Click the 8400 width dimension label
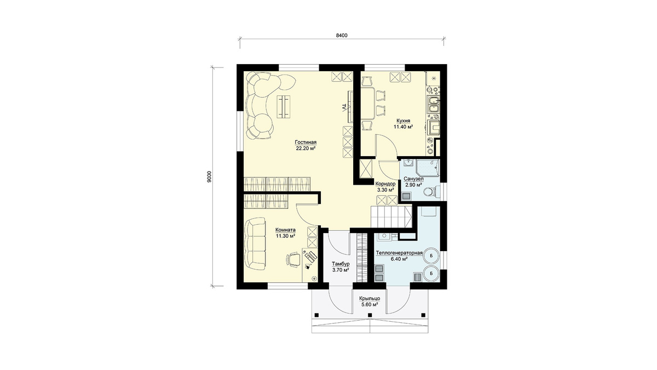pos(342,36)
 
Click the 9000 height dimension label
pos(209,177)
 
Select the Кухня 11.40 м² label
pos(403,124)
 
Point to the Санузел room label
pos(413,179)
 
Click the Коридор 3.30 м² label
pos(385,187)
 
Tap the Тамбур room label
pos(341,264)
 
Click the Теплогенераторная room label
pos(399,253)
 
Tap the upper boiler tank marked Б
pos(431,256)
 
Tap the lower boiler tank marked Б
pos(431,274)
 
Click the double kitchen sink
pos(434,105)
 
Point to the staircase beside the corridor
pos(391,217)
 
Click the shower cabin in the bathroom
pos(428,168)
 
